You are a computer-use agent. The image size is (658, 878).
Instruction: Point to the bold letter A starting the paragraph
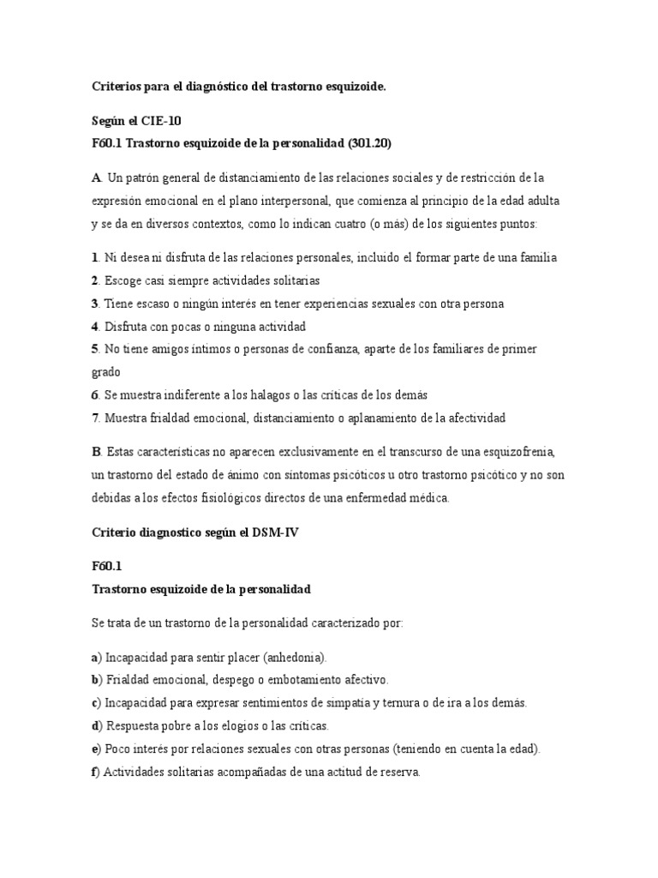(x=95, y=178)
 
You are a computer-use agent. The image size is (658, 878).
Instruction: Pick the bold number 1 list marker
(x=94, y=258)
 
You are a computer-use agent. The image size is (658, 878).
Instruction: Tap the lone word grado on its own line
(x=106, y=372)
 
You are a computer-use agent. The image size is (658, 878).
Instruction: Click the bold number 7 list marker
(x=94, y=418)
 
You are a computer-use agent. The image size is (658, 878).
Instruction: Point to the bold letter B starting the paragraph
(x=95, y=452)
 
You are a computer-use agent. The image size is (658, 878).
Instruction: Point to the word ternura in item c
(x=382, y=703)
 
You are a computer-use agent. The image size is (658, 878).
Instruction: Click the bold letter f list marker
(x=94, y=772)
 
